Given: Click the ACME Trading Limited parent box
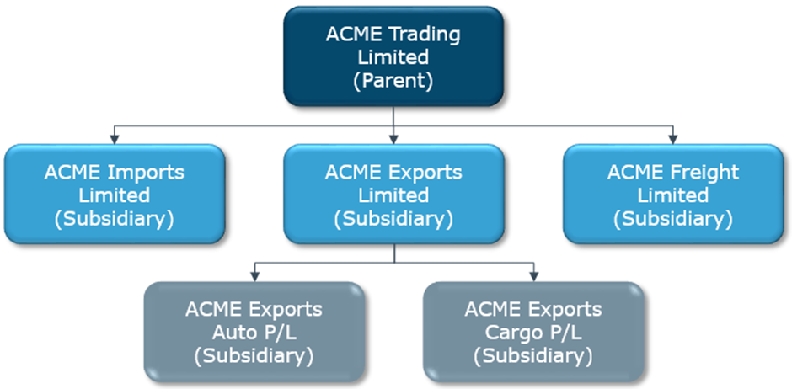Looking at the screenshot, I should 393,57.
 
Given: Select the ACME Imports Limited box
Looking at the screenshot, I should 114,195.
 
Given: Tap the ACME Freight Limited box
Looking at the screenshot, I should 672,195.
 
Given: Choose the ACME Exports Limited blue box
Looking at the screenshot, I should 393,195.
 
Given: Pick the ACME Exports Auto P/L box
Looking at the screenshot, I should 254,333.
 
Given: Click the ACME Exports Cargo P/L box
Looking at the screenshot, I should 533,333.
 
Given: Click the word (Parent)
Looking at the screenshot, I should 393,81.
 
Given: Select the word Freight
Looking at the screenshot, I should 703,173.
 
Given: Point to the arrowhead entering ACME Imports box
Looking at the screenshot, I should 114,139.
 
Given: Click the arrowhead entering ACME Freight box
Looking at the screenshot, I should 672,139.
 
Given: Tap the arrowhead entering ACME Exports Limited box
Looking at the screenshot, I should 393,139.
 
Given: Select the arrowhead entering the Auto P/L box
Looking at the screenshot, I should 254,277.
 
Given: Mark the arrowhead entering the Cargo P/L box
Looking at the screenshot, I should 533,277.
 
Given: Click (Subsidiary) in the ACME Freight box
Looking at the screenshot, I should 672,219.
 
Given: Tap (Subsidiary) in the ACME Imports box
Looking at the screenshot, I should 114,219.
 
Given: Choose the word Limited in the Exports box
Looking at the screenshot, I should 393,195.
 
